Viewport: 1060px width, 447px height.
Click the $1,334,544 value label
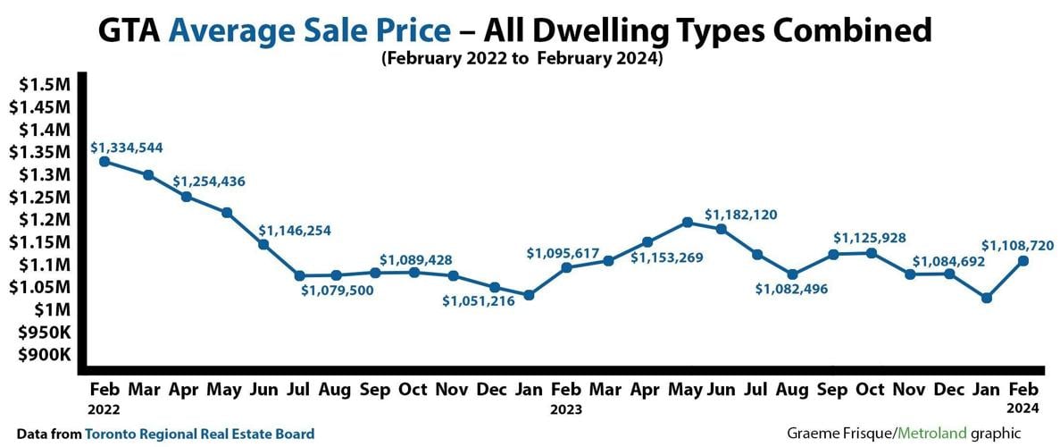click(127, 147)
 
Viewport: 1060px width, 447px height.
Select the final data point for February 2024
click(1023, 261)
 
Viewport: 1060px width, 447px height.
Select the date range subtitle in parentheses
click(522, 60)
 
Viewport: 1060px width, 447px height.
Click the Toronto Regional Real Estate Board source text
click(199, 434)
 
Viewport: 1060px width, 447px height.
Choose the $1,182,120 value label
click(741, 215)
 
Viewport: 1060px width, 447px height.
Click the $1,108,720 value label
click(1019, 244)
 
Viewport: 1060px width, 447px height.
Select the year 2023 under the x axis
click(565, 410)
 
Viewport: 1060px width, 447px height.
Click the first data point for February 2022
click(104, 162)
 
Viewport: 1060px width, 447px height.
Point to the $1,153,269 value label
click(666, 258)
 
